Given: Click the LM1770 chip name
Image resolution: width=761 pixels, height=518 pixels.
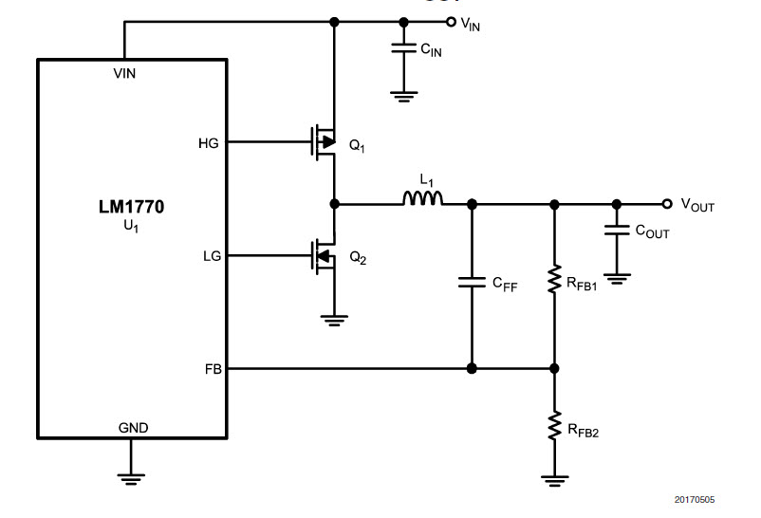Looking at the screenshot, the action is [132, 207].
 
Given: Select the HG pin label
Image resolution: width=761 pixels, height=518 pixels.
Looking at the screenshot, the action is [208, 143].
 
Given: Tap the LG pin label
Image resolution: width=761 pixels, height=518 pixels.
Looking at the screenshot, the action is [212, 256].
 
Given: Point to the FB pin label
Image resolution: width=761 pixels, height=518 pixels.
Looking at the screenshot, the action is [213, 369].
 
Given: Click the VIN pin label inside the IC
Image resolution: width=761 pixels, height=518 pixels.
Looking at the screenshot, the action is [124, 73].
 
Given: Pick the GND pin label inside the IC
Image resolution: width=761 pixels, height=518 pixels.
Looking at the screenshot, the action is [133, 428].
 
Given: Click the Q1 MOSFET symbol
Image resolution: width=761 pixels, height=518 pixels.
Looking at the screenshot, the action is [324, 141].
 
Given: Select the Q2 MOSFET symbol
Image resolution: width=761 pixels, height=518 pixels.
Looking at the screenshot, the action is [324, 256].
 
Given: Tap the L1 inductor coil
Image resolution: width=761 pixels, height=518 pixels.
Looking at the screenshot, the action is [422, 198].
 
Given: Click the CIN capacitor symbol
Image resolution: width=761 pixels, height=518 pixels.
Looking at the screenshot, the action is [404, 47].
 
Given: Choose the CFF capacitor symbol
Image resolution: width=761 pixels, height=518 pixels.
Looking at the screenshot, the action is [472, 282].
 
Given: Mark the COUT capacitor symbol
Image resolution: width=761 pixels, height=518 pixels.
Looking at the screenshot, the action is [617, 230].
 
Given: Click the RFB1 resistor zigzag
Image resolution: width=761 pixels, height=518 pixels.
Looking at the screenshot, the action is [554, 279].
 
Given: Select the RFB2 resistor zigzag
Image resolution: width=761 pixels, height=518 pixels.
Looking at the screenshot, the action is [554, 426].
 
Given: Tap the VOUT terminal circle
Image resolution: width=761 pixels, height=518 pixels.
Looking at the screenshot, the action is [667, 204].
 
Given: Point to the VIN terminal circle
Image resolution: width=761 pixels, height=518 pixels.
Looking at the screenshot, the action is [451, 22].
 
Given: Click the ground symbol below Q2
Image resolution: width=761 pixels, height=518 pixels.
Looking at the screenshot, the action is [334, 321].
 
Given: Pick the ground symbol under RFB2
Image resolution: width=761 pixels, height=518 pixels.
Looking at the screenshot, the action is [555, 481].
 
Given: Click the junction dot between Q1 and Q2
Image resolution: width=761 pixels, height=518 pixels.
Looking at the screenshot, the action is [334, 204].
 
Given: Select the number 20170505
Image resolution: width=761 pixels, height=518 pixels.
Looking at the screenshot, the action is [694, 500].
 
